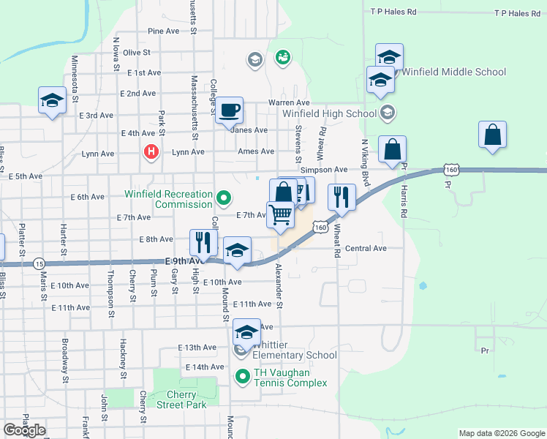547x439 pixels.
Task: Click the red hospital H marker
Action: pos(151,152)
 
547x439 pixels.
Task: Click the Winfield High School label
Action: pos(329,113)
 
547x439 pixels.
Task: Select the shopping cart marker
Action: pos(280,215)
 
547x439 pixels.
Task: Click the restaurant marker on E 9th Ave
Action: pos(203,243)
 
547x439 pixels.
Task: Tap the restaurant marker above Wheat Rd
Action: pos(342,197)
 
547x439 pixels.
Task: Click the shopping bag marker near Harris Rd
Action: pos(393,149)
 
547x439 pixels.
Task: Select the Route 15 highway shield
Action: pos(39,263)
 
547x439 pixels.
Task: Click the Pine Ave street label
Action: pos(163,31)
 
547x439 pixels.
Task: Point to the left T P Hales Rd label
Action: pos(393,12)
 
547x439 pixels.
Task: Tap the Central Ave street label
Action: pos(366,248)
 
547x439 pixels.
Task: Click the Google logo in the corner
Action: pos(24,430)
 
